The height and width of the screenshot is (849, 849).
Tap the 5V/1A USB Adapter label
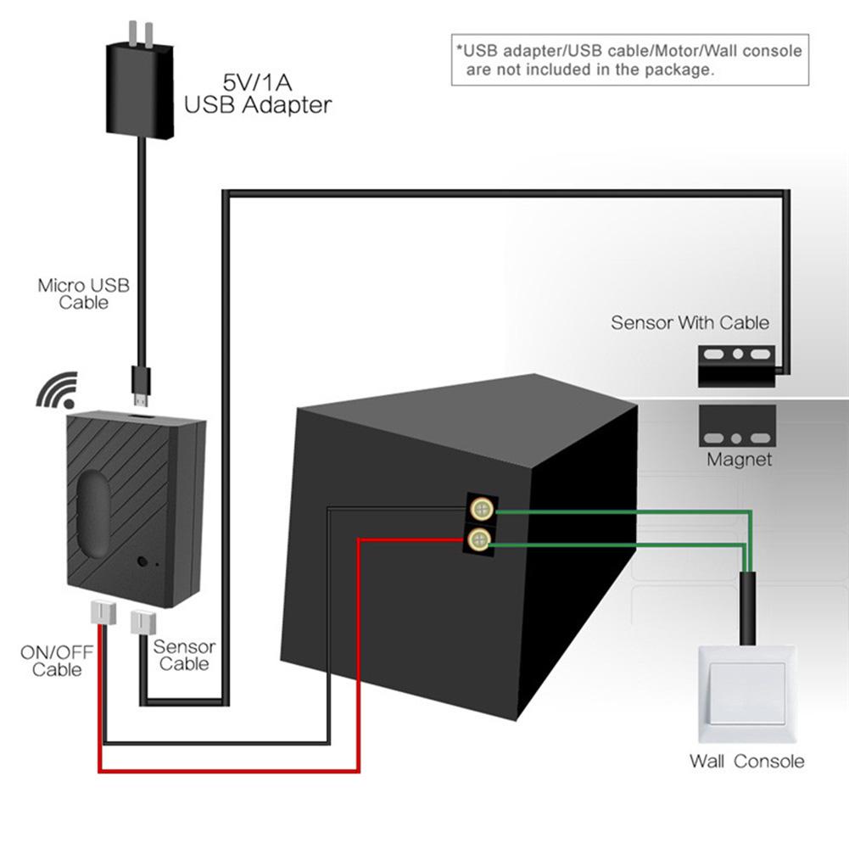tap(258, 94)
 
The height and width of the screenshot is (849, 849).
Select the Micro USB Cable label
tap(84, 293)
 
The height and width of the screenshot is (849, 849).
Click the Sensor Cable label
tap(184, 655)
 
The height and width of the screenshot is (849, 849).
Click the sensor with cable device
tap(736, 366)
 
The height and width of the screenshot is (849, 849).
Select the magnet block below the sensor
tap(736, 427)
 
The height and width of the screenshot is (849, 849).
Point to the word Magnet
tap(740, 460)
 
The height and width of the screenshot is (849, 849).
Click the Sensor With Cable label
tap(690, 323)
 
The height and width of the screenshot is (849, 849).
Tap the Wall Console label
tap(746, 761)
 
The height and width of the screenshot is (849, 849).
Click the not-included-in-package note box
tap(629, 60)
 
